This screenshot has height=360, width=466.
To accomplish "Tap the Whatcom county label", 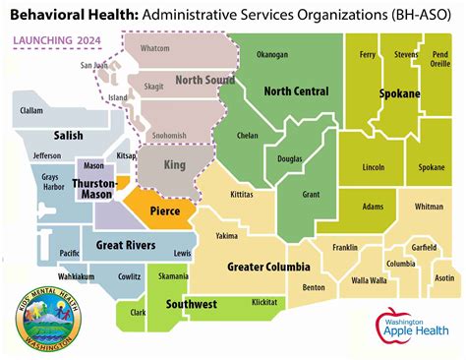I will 155,47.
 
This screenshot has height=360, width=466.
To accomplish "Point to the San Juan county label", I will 93,66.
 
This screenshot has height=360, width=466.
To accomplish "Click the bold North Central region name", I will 296,91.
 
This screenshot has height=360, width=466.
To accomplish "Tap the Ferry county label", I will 369,54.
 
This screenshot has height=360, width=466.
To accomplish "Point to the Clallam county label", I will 31,111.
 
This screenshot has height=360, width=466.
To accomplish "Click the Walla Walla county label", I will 370,280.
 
